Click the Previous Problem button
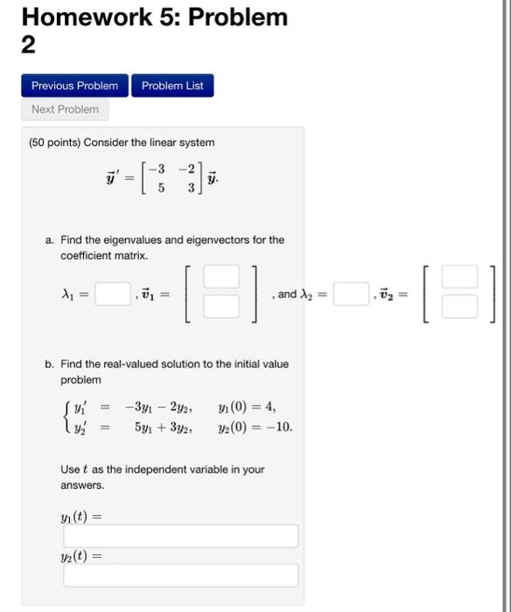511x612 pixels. point(74,86)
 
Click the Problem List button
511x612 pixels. point(172,86)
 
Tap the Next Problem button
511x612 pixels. point(65,109)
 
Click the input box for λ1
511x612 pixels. point(113,294)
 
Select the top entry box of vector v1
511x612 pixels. point(220,276)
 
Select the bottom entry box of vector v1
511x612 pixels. point(220,307)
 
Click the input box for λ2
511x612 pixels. point(350,294)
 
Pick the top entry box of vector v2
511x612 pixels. point(458,276)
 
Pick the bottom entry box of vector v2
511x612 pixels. point(458,307)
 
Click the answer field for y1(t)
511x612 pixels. point(180,536)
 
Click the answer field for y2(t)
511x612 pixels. point(180,575)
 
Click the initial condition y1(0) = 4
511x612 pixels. point(248,407)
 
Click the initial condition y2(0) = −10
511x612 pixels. point(255,428)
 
